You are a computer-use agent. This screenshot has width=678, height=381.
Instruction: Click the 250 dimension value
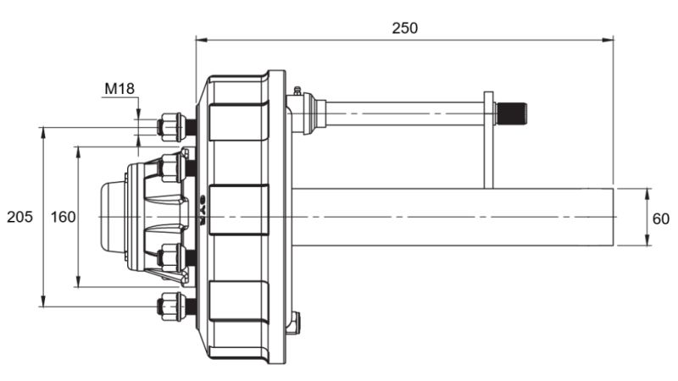[404, 27]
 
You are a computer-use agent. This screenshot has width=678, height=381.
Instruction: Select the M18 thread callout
[119, 87]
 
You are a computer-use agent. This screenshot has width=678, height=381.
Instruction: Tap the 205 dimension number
[19, 217]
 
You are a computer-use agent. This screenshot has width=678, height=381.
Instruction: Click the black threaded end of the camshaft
[511, 113]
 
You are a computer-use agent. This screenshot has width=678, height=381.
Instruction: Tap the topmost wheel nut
[172, 127]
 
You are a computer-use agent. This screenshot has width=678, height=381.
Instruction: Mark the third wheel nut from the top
[172, 257]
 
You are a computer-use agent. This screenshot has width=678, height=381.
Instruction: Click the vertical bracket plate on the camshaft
[489, 140]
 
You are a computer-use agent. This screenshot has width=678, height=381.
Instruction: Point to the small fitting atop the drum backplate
[296, 92]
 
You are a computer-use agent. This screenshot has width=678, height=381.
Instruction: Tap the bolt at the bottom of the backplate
[294, 323]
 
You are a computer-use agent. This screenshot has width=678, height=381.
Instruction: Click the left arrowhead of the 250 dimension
[200, 38]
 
